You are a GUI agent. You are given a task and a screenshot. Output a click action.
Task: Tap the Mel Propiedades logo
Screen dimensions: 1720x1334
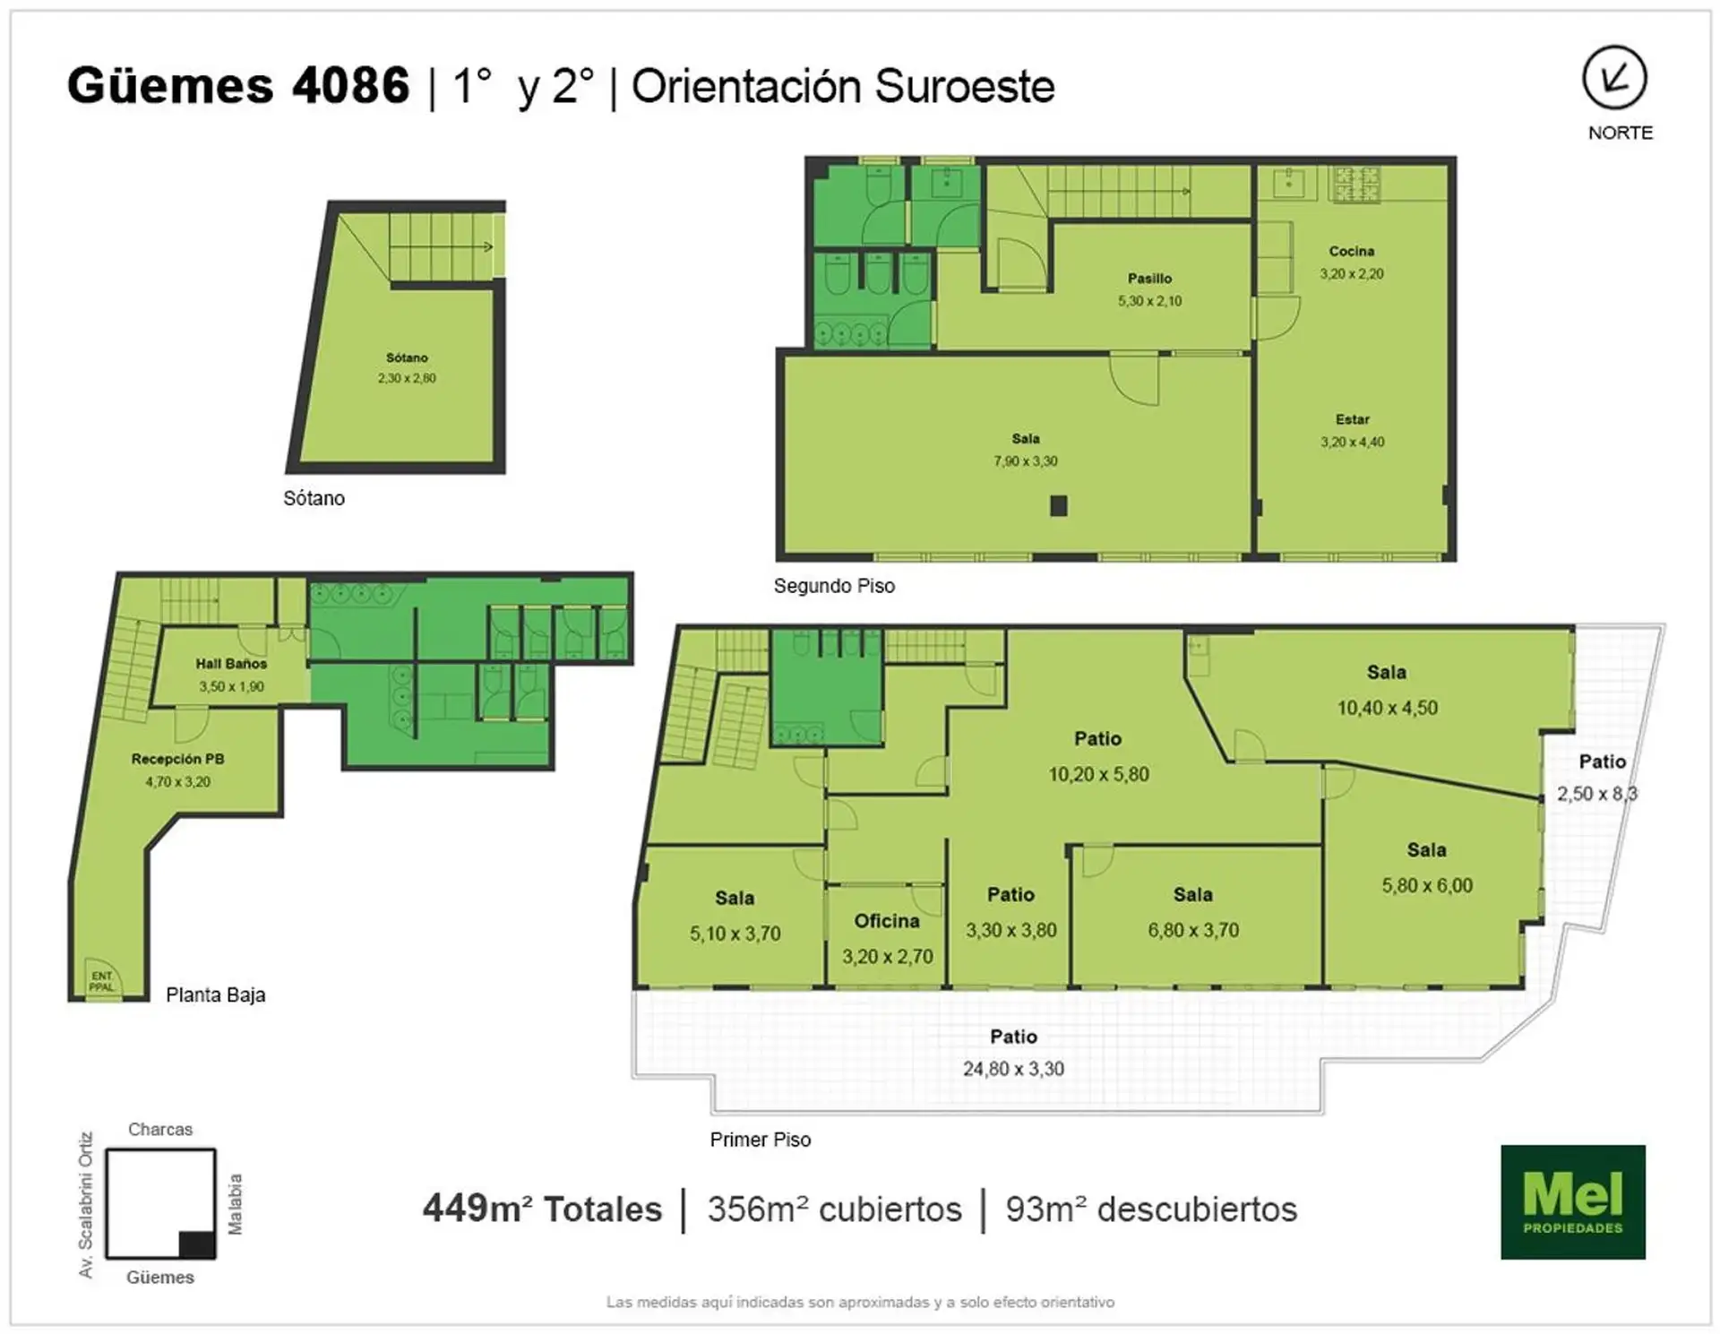point(1573,1201)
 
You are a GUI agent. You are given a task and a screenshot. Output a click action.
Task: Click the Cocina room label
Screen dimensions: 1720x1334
point(1351,251)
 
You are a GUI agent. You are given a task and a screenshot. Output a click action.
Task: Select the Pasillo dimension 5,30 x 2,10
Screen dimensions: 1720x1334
point(1149,301)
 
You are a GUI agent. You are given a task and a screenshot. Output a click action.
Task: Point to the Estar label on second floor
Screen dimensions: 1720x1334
point(1352,419)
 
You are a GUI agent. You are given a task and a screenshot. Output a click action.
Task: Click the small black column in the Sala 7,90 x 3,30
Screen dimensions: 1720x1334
point(1058,506)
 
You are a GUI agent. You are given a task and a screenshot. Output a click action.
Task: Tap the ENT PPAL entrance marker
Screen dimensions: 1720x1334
point(101,981)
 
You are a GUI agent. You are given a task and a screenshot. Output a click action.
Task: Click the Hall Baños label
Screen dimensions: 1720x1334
point(231,664)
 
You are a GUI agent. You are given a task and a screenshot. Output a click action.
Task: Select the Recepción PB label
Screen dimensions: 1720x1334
point(177,759)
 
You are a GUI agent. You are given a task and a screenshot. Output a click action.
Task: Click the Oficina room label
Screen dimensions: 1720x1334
point(887,921)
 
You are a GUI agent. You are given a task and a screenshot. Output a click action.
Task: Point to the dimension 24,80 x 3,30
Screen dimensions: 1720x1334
point(1013,1069)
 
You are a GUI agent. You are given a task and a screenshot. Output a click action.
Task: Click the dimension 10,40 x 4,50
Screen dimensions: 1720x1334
point(1387,708)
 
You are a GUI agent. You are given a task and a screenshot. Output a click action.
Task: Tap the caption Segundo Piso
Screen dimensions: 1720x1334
point(834,586)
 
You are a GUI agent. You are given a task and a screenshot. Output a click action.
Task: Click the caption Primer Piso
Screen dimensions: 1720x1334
point(760,1140)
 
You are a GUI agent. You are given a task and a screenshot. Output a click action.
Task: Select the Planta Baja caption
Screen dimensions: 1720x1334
point(215,994)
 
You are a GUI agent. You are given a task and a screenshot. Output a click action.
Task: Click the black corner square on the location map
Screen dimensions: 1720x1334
point(197,1244)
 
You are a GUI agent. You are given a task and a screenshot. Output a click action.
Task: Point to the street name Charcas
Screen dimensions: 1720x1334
point(159,1129)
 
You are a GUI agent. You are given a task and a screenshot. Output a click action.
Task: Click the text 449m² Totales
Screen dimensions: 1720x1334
point(542,1209)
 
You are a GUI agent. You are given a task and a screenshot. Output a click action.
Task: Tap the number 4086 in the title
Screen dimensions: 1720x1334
point(350,86)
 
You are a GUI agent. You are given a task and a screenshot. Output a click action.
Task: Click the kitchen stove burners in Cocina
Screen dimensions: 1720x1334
point(1355,184)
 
